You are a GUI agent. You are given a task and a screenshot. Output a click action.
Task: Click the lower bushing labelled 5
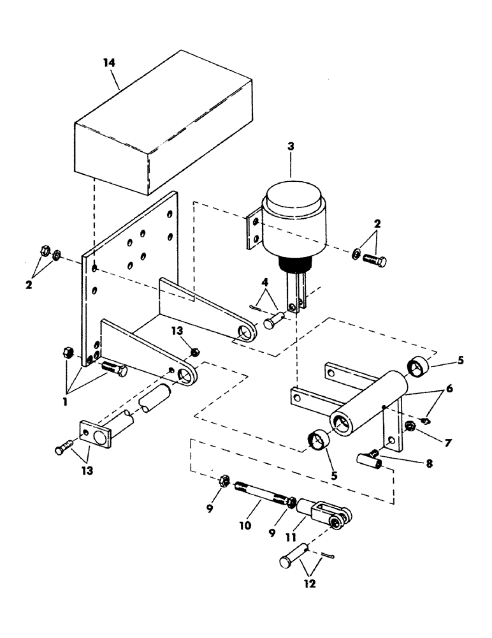[319, 440]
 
